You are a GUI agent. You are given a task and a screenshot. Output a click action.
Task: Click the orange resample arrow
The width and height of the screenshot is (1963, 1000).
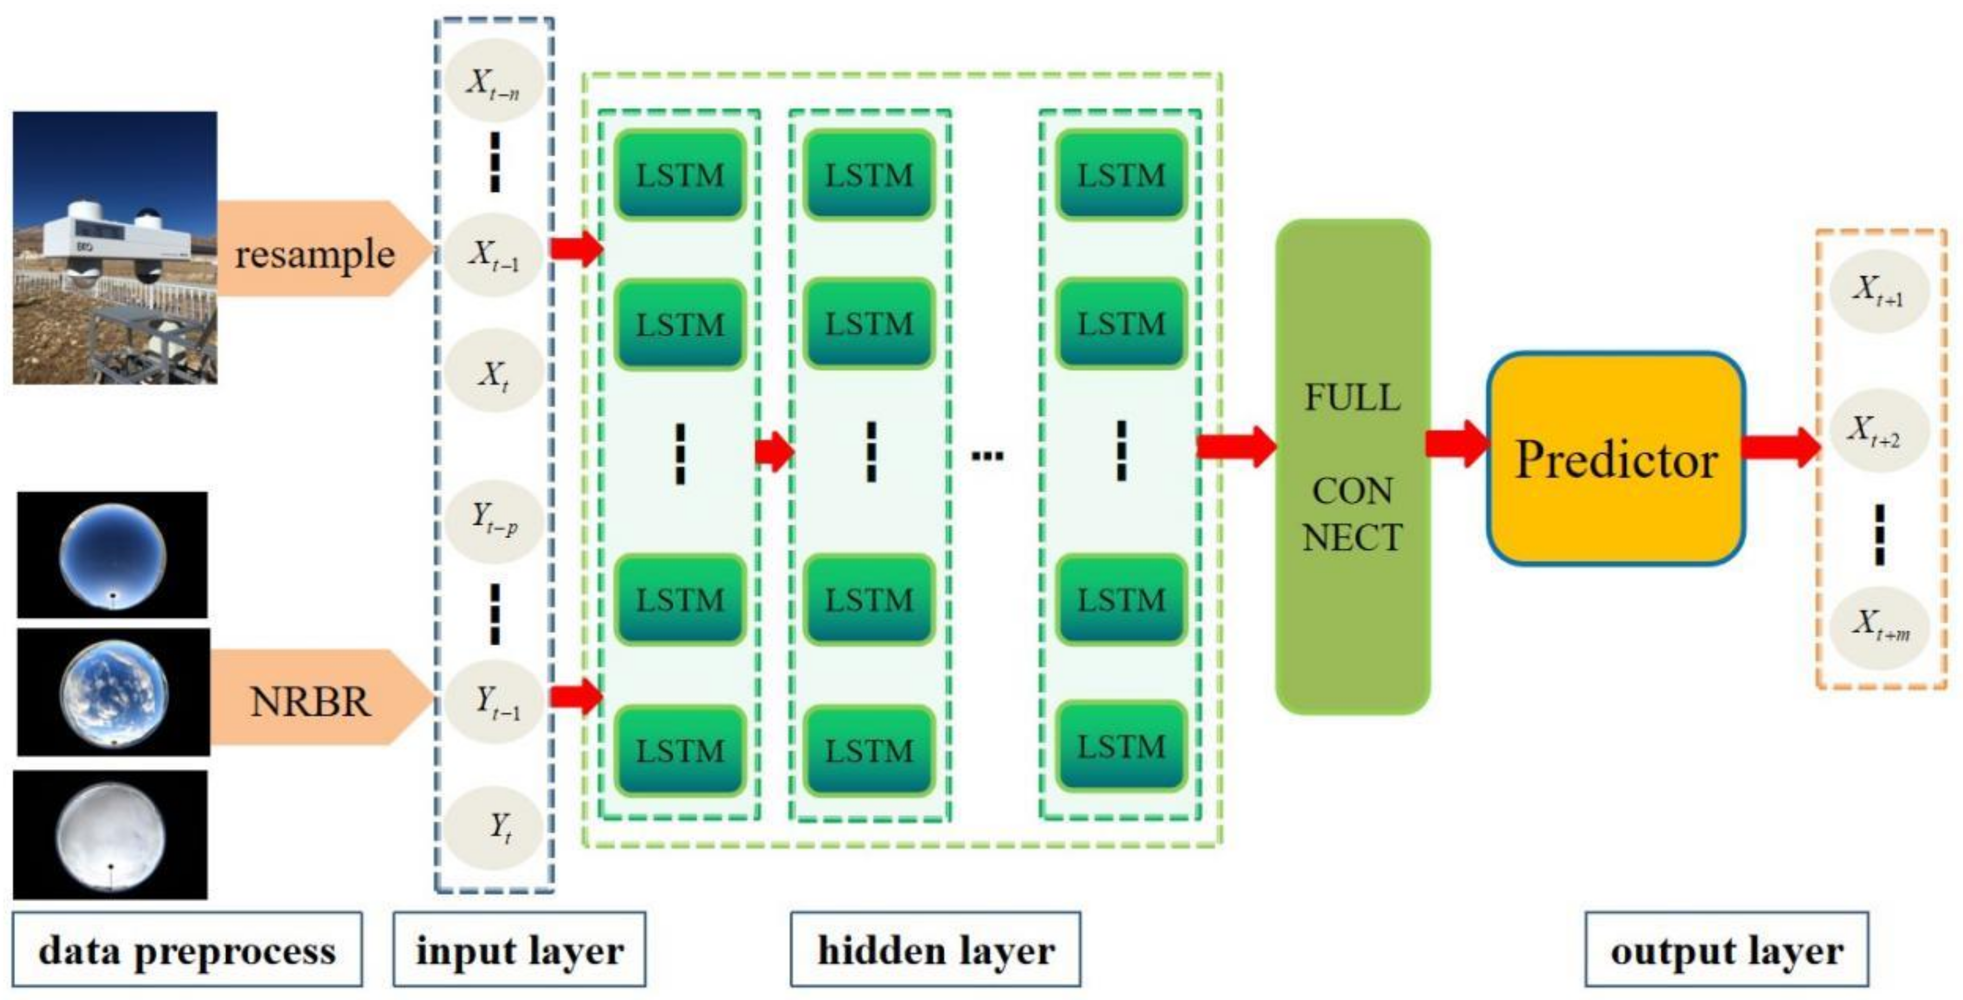(x=320, y=249)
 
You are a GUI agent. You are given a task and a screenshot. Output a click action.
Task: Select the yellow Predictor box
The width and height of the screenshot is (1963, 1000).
(x=1615, y=460)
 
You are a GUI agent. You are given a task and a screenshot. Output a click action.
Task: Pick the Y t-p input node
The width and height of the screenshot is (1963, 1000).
(x=494, y=521)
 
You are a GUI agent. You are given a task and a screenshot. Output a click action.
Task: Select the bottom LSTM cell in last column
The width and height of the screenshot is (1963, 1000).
(x=1121, y=747)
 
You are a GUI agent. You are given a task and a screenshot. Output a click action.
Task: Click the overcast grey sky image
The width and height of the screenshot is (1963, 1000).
(x=111, y=835)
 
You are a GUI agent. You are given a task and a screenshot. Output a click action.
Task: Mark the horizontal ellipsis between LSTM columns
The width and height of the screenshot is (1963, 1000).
(x=988, y=456)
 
